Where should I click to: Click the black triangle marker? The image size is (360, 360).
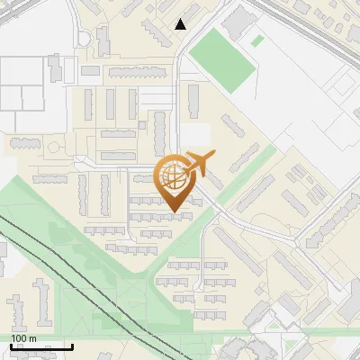click(x=181, y=24)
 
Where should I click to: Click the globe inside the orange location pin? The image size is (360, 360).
click(x=173, y=176)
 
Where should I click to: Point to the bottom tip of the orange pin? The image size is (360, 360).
click(x=174, y=212)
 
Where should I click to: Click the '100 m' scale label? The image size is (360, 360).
click(x=23, y=338)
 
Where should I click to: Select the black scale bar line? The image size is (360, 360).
click(x=41, y=346)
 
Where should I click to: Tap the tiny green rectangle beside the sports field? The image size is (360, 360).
click(x=257, y=40)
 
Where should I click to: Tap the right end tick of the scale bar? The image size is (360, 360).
click(x=72, y=346)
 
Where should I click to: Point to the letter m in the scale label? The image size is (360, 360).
click(x=33, y=338)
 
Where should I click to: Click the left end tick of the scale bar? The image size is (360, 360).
click(x=11, y=346)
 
